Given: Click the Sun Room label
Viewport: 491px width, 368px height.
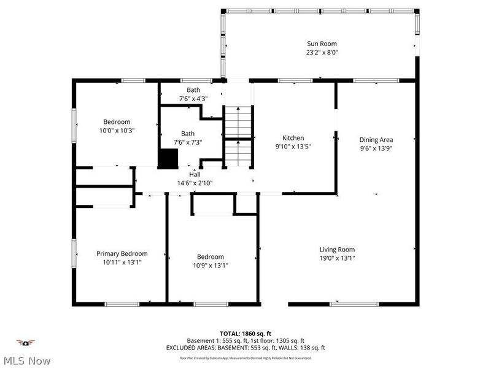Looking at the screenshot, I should click(322, 44).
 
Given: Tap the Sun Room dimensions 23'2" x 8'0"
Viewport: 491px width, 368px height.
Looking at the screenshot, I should click(322, 53).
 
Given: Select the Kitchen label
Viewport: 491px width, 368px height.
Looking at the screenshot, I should click(293, 138).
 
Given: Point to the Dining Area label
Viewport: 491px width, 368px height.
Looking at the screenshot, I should click(376, 140).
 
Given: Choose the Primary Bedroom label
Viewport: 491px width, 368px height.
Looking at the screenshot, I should click(122, 253).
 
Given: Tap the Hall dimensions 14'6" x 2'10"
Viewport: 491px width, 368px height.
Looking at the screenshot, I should click(195, 183).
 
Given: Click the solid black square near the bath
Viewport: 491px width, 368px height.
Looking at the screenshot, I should click(168, 158).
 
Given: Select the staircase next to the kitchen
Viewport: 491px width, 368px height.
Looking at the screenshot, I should click(238, 136).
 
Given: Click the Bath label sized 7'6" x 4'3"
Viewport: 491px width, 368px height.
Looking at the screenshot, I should click(193, 90).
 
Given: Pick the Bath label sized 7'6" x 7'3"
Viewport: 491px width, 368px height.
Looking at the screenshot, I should click(188, 134).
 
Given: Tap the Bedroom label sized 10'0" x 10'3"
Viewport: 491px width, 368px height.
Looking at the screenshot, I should click(117, 122).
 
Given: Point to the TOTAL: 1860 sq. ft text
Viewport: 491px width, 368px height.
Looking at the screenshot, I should click(245, 333).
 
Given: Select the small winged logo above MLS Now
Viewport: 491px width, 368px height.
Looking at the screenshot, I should click(25, 342).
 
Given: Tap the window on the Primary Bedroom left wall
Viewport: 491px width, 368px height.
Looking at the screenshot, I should click(74, 253).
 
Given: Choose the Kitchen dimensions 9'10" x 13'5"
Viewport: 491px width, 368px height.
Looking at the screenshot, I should click(293, 147).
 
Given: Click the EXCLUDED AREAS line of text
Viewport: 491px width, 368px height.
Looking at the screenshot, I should click(245, 348).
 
